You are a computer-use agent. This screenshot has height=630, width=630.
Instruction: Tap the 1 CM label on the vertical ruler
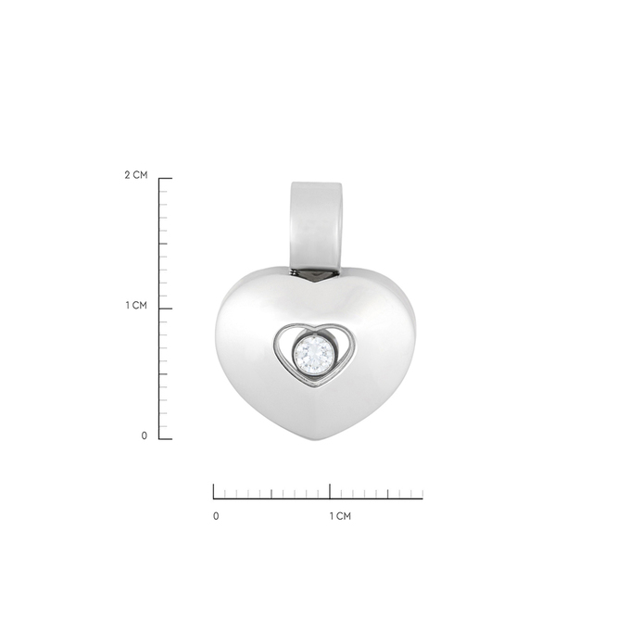click(136, 307)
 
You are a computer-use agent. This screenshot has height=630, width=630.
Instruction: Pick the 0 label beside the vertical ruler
click(145, 435)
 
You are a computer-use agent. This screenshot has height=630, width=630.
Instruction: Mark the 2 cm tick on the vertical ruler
click(165, 178)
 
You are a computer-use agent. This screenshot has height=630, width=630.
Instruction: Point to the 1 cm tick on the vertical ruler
click(165, 308)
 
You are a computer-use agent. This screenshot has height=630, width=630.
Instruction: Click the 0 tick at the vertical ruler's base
click(165, 437)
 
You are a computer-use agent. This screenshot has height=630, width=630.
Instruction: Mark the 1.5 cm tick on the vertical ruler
click(162, 243)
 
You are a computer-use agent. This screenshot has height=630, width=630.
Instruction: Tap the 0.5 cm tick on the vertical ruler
click(162, 372)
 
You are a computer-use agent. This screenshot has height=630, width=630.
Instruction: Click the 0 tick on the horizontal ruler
click(214, 491)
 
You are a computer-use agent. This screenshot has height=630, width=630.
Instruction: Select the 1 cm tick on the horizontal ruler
click(331, 491)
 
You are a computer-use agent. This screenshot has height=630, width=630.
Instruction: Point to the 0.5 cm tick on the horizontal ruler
click(272, 494)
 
